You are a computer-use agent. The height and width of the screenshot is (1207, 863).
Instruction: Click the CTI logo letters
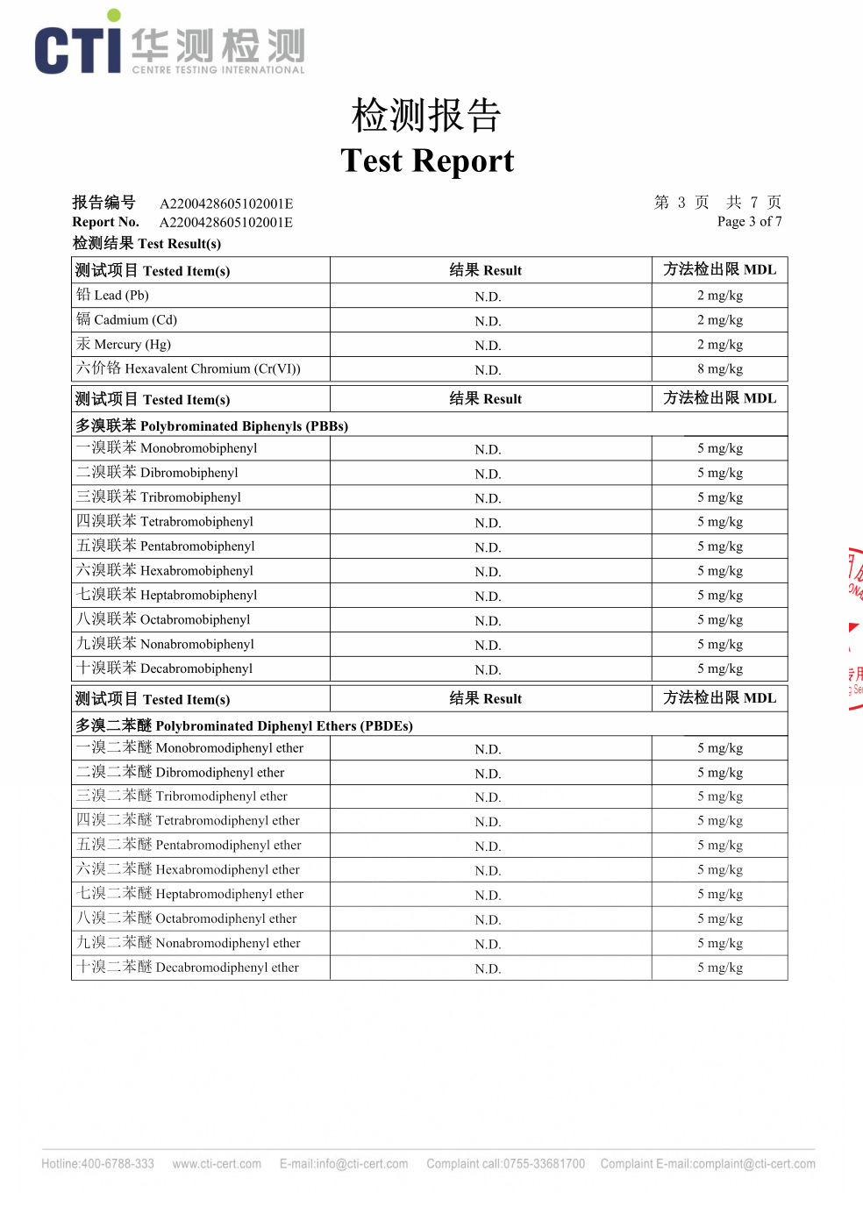[77, 49]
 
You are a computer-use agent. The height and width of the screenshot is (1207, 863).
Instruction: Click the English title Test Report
[427, 161]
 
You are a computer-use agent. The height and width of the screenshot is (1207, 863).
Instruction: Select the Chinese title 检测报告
[426, 116]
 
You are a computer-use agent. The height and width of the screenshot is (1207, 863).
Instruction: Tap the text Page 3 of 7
[749, 221]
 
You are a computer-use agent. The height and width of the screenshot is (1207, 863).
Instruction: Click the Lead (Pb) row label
[113, 296]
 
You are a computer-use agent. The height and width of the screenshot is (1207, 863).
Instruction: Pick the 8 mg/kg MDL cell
[720, 369]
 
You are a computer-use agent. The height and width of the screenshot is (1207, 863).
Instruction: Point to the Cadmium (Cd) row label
[127, 320]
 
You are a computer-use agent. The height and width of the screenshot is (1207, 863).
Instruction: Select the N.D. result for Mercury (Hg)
[488, 346]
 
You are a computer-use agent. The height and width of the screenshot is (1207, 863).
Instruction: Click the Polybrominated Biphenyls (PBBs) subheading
[212, 426]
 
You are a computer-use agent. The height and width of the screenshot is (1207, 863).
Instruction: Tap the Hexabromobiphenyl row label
[165, 571]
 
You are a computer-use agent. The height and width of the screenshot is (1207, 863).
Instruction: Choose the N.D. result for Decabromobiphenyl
[488, 670]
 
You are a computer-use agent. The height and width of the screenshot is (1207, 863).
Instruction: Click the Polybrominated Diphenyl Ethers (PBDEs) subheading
[245, 726]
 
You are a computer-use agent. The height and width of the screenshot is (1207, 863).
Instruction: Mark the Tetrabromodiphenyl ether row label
[189, 821]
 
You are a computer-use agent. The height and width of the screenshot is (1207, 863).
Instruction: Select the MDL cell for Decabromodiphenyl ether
[720, 968]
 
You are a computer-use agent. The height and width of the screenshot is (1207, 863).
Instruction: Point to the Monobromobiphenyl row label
[167, 448]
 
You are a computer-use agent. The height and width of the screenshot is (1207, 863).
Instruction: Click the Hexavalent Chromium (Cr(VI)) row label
[189, 369]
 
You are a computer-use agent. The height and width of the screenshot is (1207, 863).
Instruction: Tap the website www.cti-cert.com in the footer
[217, 1164]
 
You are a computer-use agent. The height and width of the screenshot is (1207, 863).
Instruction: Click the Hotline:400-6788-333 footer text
[97, 1164]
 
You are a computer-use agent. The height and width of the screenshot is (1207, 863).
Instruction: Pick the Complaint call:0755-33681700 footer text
[505, 1164]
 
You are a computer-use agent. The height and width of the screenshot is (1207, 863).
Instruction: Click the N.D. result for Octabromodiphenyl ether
[488, 920]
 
